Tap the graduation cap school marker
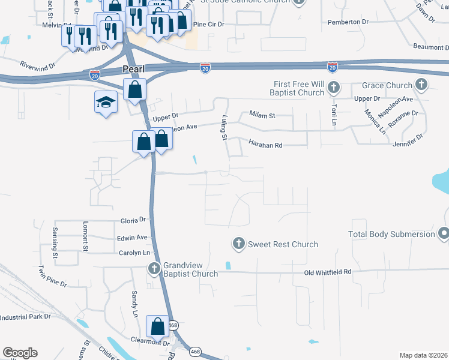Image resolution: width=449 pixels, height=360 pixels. [104, 102]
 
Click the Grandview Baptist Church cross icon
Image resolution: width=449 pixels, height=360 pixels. [154, 268]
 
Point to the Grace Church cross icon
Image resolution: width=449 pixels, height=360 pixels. [421, 85]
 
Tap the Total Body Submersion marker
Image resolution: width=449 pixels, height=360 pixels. [444, 233]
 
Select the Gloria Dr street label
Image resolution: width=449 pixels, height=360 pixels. [133, 220]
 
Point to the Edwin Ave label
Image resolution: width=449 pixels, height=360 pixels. [133, 238]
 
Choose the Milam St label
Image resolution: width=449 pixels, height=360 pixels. [262, 115]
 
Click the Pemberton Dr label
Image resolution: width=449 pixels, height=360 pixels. [348, 22]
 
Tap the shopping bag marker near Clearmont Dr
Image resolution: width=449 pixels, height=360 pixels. [158, 326]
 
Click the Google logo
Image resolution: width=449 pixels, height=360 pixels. [20, 353]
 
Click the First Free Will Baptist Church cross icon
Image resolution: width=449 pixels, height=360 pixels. [334, 89]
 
